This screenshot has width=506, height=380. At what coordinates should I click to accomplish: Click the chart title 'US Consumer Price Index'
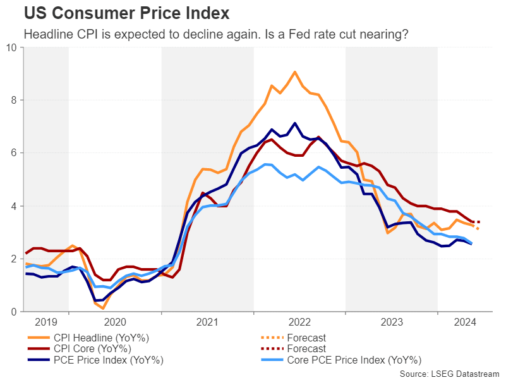point(126,13)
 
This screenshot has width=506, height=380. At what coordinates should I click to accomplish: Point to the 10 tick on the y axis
point(12,47)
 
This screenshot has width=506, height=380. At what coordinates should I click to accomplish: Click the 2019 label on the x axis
point(46,321)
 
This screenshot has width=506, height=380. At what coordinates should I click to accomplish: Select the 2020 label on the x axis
point(116,321)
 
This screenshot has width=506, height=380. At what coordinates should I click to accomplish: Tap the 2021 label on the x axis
point(208,321)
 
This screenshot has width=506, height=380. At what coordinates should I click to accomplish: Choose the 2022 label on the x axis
point(299,321)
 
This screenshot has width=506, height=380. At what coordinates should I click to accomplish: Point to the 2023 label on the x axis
point(392,321)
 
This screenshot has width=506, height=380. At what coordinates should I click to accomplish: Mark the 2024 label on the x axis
point(464,321)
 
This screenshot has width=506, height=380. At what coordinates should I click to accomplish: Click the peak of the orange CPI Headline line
point(295,72)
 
